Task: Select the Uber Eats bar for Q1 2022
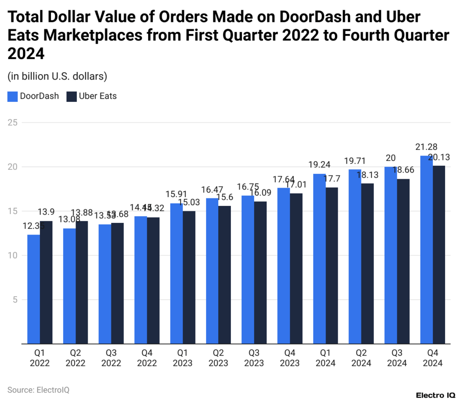[x=46, y=282]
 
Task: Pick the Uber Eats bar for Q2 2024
[x=367, y=264]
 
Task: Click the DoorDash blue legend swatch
[x=13, y=96]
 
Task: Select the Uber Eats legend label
[x=98, y=96]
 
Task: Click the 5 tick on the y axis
[x=15, y=300]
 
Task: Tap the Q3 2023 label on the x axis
[x=254, y=357]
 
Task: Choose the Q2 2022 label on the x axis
[x=75, y=357]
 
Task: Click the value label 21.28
[x=426, y=147]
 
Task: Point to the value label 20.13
[x=439, y=157]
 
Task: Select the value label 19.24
[x=319, y=165]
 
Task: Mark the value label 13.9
[x=47, y=212]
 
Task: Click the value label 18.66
[x=403, y=170]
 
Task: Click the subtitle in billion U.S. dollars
[x=57, y=76]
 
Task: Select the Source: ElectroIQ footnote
[x=38, y=390]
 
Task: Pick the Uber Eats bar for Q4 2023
[x=296, y=269]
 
